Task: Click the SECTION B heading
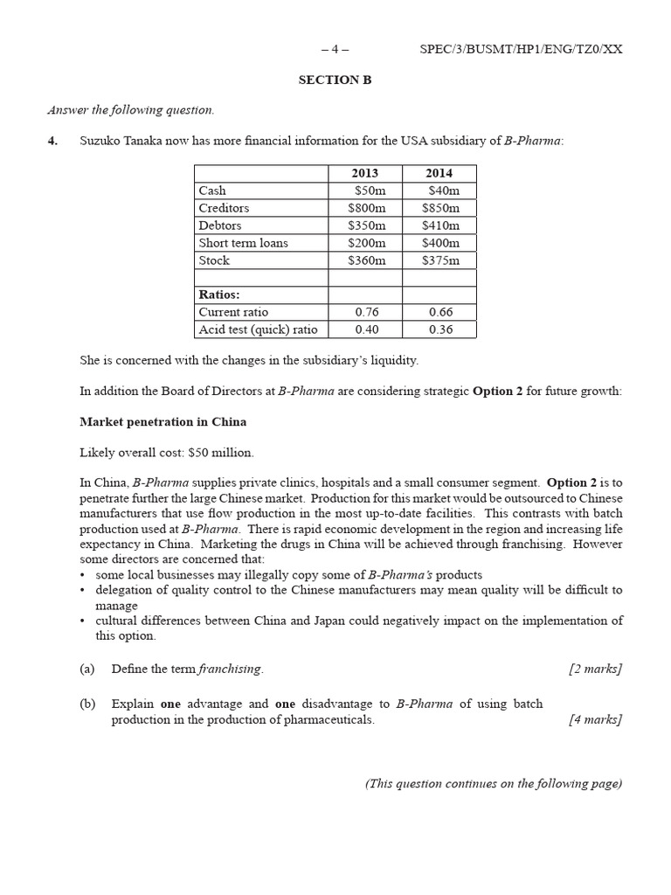pyautogui.click(x=335, y=80)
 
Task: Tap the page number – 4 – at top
pyautogui.click(x=335, y=49)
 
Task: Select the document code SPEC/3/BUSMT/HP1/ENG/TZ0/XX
pyautogui.click(x=521, y=49)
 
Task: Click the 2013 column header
pyautogui.click(x=364, y=173)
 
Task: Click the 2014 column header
pyautogui.click(x=439, y=173)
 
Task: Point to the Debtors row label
pyautogui.click(x=220, y=225)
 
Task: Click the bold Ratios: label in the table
pyautogui.click(x=219, y=295)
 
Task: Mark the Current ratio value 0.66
pyautogui.click(x=439, y=312)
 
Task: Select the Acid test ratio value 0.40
pyautogui.click(x=365, y=330)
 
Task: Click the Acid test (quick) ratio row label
pyautogui.click(x=259, y=330)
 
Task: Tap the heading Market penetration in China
pyautogui.click(x=163, y=422)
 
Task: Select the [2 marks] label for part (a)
pyautogui.click(x=595, y=669)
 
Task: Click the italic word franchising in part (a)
pyautogui.click(x=230, y=669)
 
